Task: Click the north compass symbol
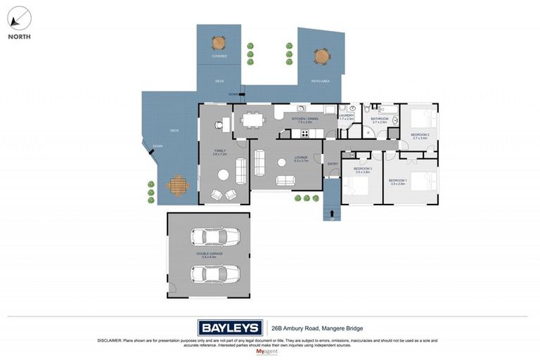[19, 18]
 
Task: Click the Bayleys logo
[230, 328]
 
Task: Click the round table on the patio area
[321, 56]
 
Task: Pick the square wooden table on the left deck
[178, 186]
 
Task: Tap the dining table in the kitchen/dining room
[252, 120]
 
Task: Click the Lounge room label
[281, 157]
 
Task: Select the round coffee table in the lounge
[281, 162]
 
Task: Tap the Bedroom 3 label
[361, 169]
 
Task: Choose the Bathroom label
[380, 119]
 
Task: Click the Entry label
[333, 164]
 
